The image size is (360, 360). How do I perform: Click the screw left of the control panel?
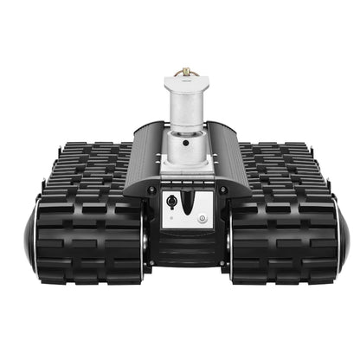click(151, 190)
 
